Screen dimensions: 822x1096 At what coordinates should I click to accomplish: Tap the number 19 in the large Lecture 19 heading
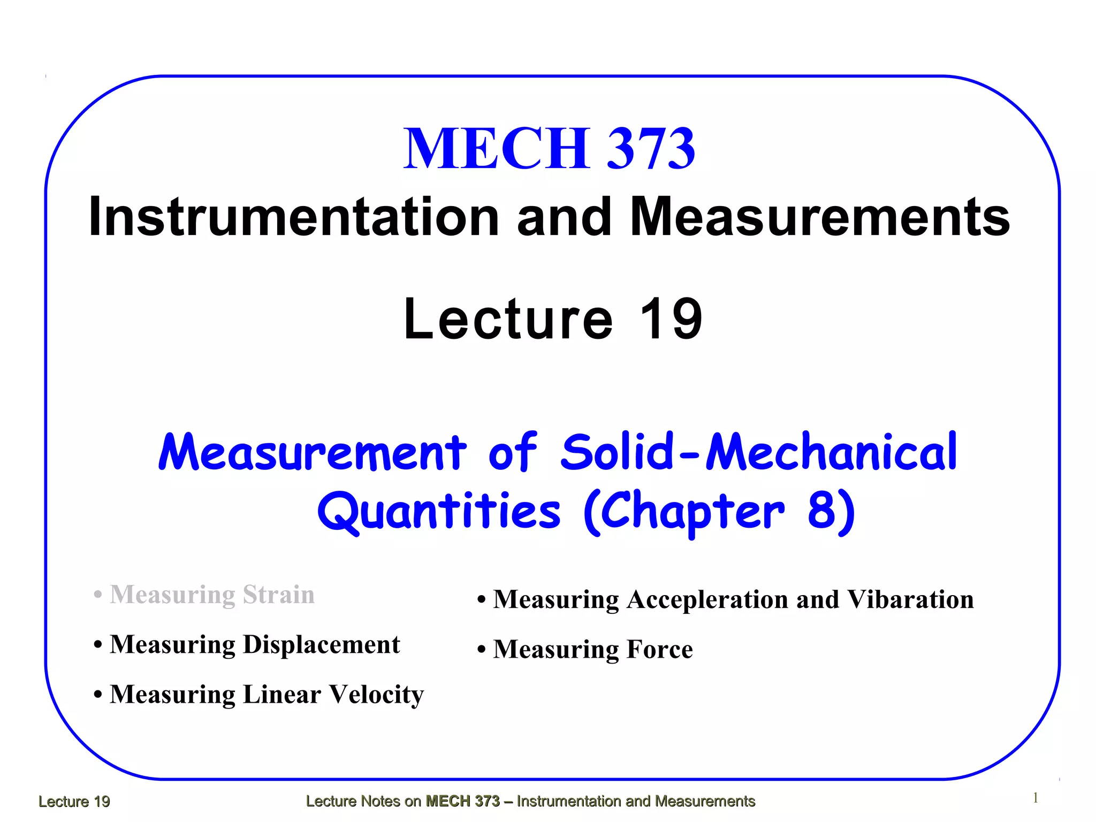click(671, 319)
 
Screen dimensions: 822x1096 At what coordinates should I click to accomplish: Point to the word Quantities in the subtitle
click(439, 511)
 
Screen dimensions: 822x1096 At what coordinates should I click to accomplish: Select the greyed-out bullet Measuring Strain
click(212, 595)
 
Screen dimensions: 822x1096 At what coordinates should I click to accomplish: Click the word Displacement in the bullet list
click(322, 644)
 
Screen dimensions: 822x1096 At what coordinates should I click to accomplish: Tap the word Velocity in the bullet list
click(376, 694)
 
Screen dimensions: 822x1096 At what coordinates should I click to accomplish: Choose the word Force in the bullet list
click(659, 649)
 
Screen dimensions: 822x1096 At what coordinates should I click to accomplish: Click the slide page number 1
click(1036, 798)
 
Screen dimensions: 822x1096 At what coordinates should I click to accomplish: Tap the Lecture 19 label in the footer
click(74, 801)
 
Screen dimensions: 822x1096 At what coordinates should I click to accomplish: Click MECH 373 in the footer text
click(462, 801)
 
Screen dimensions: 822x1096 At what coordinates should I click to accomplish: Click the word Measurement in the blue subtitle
click(313, 452)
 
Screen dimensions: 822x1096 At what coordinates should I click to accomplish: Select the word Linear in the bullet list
click(282, 694)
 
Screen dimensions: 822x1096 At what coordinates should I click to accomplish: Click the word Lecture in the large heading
click(508, 319)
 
